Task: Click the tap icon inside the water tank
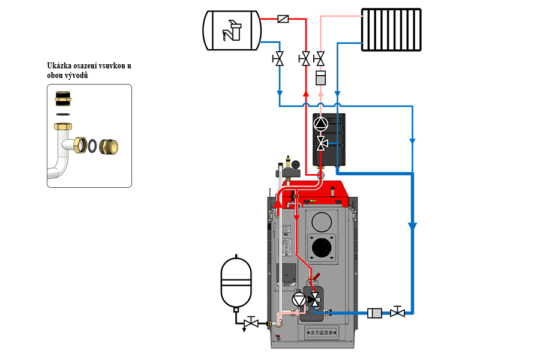pos(230,31)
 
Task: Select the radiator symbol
pos(391,29)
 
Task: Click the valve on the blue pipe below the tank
pos(279,59)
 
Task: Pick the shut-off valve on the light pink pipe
pos(320,59)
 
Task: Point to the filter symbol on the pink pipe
pos(320,78)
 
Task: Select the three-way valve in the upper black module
pos(322,143)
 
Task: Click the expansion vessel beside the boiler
pos(235,281)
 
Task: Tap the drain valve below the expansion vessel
pos(252,323)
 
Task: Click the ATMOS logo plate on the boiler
pos(323,333)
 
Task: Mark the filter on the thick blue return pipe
pos(374,313)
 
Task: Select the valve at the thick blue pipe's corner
pos(397,313)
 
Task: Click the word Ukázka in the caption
pos(59,67)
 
